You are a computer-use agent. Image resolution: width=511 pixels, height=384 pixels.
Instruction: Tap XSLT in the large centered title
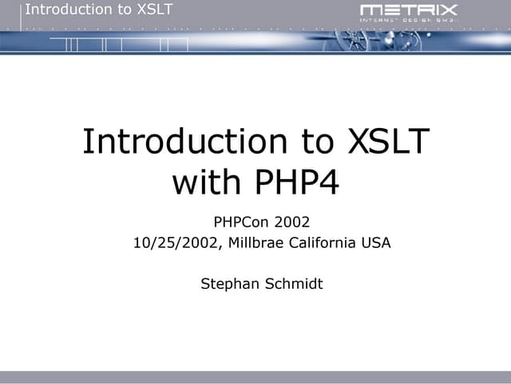point(390,142)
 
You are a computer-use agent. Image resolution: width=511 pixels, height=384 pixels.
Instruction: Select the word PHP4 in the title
point(300,182)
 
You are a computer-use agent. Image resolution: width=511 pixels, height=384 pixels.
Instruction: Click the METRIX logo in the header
point(409,10)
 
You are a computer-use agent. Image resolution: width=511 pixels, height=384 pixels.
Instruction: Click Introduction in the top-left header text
point(67,10)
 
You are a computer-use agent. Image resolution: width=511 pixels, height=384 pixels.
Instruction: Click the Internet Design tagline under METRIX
point(409,22)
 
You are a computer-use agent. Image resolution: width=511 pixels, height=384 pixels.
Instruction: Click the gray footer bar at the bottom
point(255,378)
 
